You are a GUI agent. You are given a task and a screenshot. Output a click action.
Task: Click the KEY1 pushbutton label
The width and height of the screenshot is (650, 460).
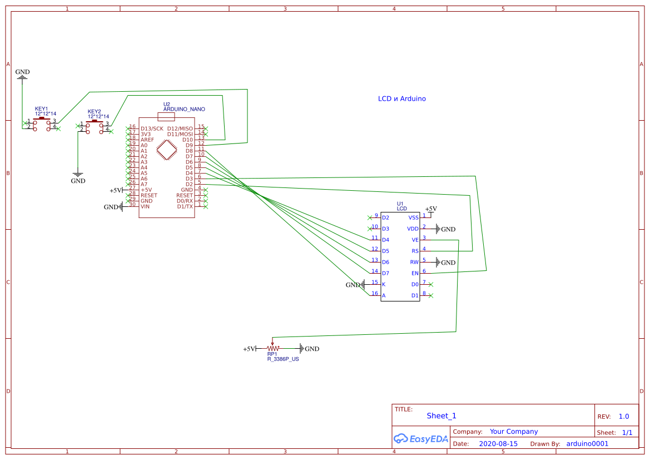(x=42, y=109)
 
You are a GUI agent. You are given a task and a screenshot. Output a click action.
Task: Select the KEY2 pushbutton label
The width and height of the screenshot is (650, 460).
(x=95, y=111)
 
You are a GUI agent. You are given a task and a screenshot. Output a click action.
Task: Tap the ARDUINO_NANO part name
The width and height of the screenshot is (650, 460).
(x=184, y=110)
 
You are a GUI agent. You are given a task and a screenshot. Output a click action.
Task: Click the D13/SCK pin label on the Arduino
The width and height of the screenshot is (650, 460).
(x=152, y=128)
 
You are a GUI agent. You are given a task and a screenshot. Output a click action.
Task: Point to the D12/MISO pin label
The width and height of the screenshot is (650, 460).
(x=180, y=128)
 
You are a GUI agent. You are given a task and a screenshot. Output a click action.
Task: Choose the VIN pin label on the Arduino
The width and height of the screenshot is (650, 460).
(x=145, y=206)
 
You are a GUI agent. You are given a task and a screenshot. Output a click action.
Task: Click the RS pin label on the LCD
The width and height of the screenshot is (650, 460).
(x=415, y=251)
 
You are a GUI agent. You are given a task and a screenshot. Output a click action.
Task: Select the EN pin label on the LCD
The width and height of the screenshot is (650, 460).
(x=415, y=273)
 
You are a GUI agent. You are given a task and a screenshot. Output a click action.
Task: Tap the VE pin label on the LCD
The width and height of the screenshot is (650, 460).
(x=415, y=240)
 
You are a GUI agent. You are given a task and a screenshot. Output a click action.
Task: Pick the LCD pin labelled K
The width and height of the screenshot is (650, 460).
(x=384, y=284)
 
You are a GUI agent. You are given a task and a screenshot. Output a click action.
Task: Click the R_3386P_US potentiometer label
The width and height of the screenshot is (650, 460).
(x=283, y=359)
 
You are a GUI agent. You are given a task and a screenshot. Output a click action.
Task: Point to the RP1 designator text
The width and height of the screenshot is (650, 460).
(x=272, y=354)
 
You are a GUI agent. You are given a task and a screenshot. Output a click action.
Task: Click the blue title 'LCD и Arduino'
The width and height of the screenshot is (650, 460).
(x=402, y=98)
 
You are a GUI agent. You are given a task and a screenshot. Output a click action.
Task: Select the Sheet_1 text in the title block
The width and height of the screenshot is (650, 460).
(x=441, y=416)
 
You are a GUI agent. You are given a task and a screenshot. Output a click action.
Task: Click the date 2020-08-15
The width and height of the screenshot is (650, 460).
(x=498, y=444)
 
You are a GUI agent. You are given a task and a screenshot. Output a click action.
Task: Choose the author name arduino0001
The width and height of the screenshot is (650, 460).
(x=587, y=444)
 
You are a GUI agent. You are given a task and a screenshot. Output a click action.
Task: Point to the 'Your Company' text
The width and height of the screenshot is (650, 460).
(x=514, y=432)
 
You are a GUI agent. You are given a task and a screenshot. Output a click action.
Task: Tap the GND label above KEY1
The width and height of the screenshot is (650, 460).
(x=23, y=72)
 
